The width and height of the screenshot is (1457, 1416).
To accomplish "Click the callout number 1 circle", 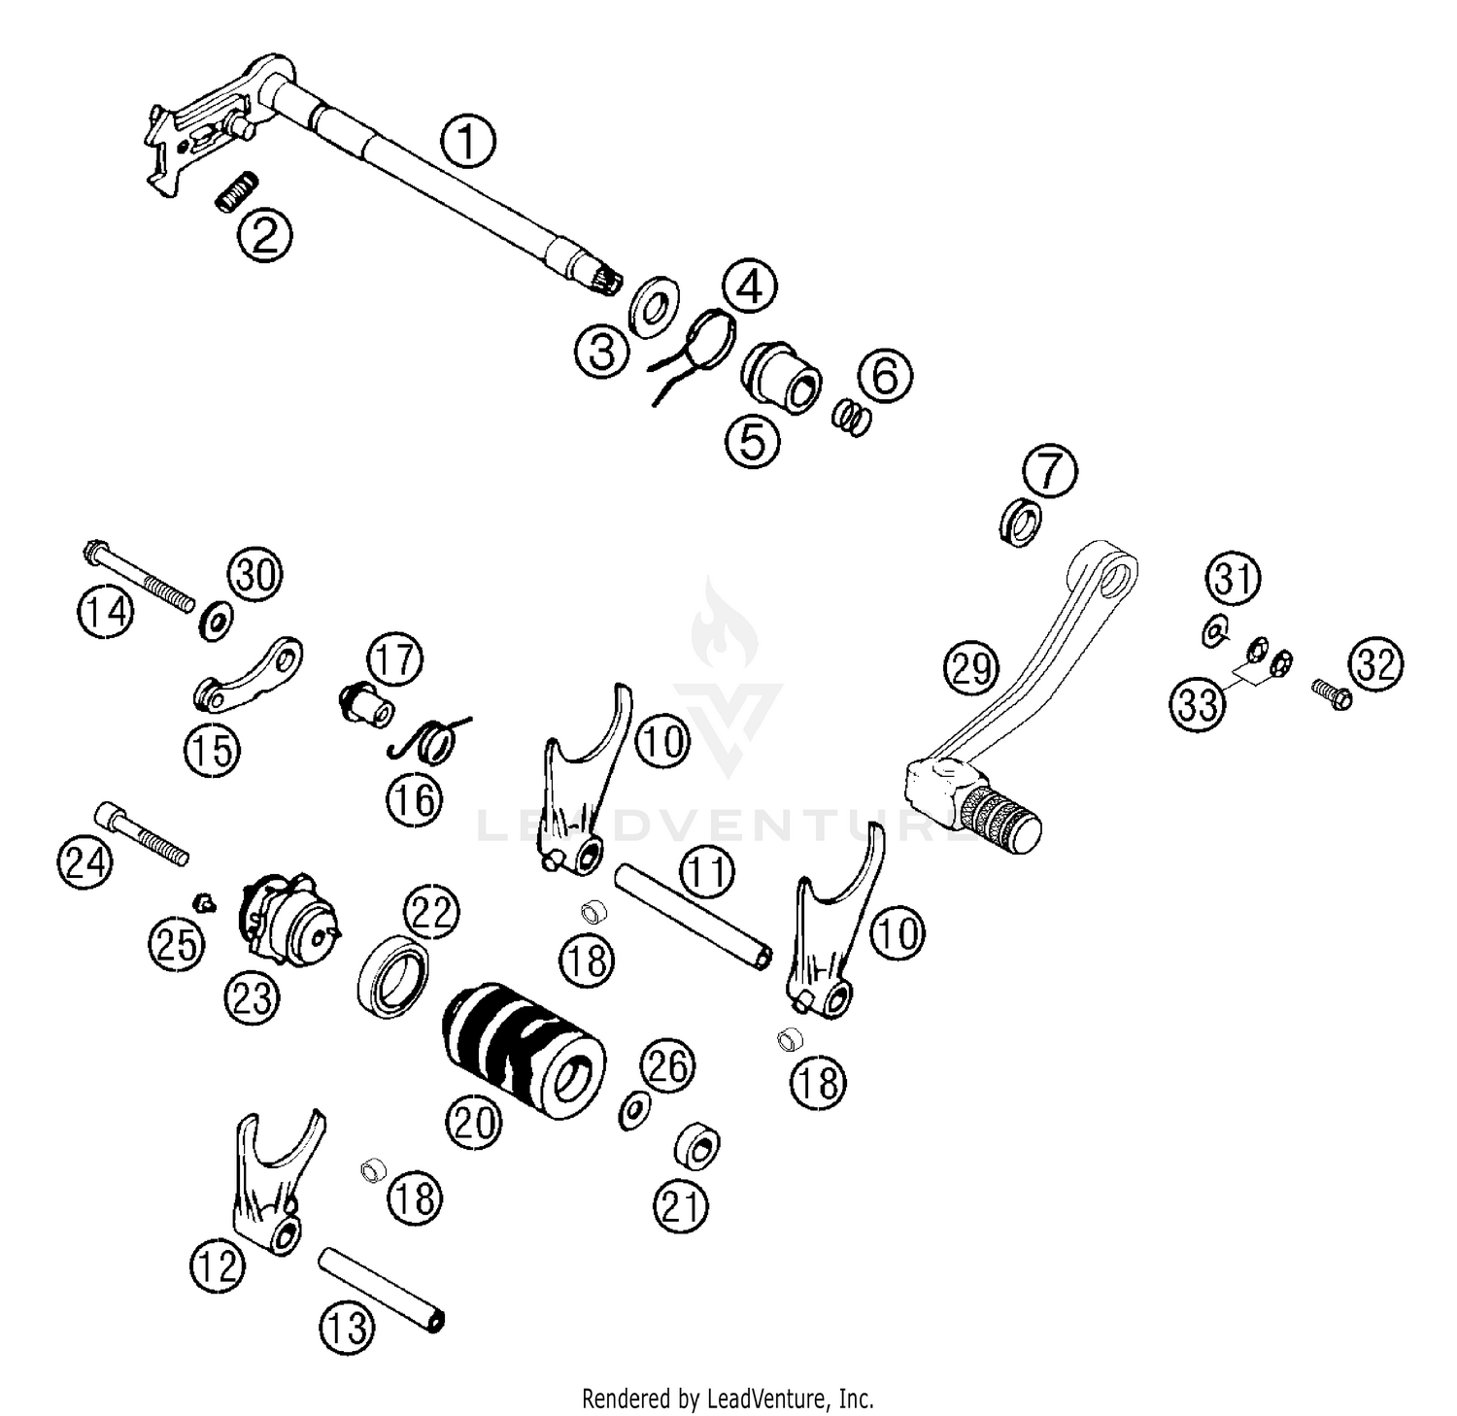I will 467,142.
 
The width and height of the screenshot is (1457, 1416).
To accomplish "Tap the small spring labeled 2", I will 236,190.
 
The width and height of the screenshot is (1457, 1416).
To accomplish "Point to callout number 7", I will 1049,472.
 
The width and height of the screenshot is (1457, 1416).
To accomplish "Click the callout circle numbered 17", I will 395,659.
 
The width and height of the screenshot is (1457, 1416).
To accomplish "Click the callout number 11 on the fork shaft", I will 707,872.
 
